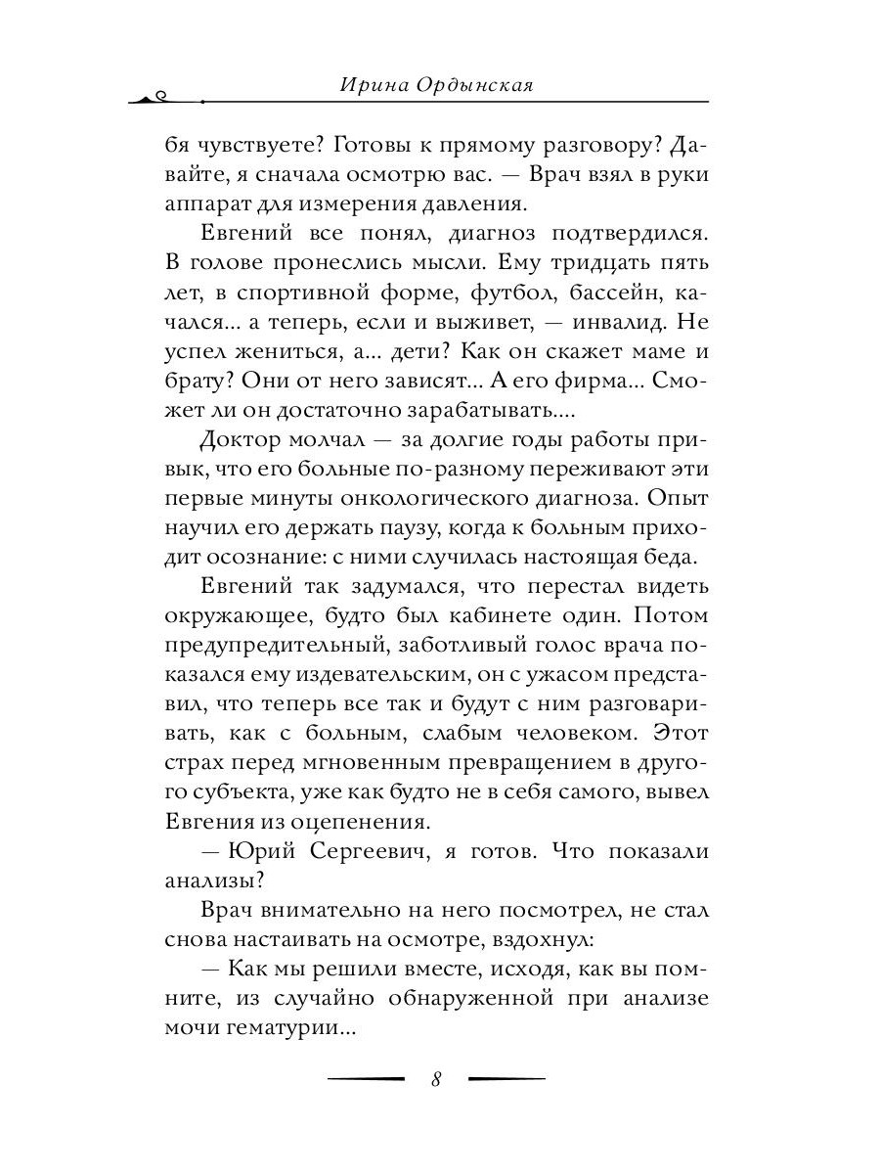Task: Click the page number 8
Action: [x=436, y=1079]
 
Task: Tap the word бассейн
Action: [x=598, y=293]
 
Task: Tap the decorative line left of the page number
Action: [x=367, y=1079]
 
